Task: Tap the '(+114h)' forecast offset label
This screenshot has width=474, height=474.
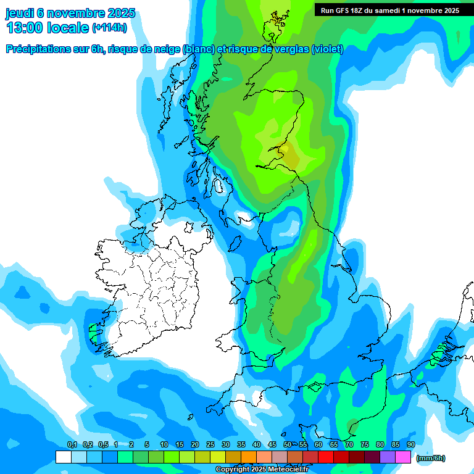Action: pyautogui.click(x=109, y=28)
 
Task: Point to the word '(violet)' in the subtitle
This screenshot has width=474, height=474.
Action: pyautogui.click(x=327, y=49)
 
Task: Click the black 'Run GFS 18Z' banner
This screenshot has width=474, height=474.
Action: pyautogui.click(x=389, y=10)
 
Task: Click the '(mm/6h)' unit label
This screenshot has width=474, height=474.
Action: pyautogui.click(x=431, y=458)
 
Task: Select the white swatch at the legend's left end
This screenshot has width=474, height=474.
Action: pyautogui.click(x=63, y=457)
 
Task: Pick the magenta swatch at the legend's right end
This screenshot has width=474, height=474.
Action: pyautogui.click(x=403, y=457)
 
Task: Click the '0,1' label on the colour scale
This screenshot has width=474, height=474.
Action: pyautogui.click(x=72, y=445)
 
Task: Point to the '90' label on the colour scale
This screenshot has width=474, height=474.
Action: pyautogui.click(x=411, y=445)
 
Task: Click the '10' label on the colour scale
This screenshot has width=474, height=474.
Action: pyautogui.click(x=164, y=445)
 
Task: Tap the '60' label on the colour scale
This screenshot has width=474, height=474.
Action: pyautogui.click(x=318, y=445)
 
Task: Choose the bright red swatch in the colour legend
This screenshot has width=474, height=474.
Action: pyautogui.click(x=326, y=457)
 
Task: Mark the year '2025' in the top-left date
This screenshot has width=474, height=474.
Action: pyautogui.click(x=121, y=13)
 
